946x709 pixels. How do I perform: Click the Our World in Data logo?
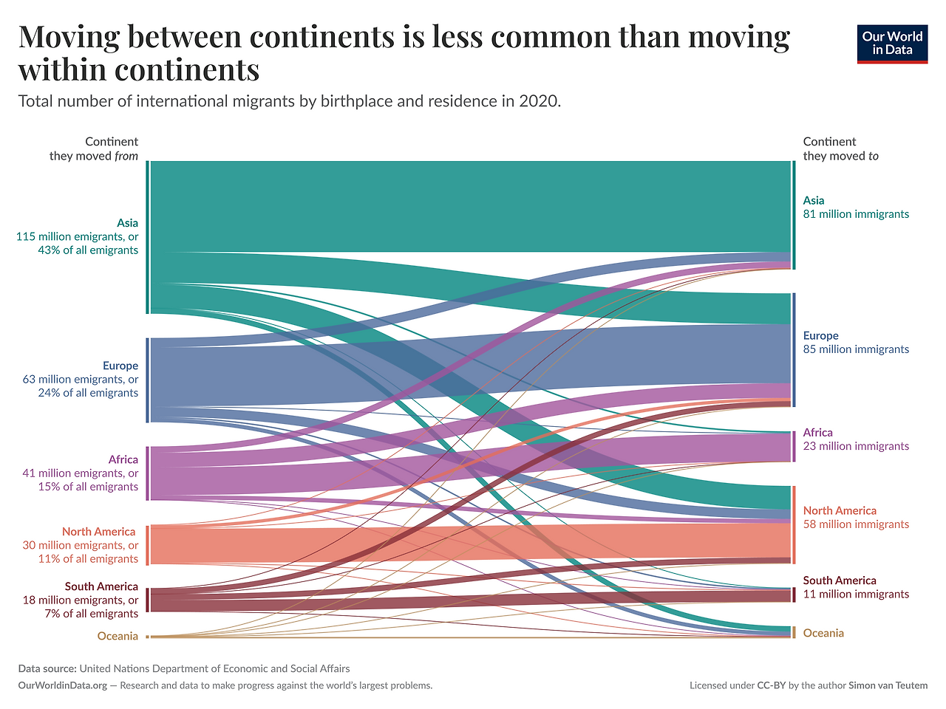click(892, 44)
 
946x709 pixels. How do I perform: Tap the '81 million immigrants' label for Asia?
click(856, 214)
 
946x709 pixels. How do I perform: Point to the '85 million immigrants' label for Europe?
click(856, 349)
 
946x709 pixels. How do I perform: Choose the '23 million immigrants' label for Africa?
click(856, 446)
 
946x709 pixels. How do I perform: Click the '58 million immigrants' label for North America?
click(856, 524)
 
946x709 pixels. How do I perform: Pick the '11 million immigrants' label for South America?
click(856, 595)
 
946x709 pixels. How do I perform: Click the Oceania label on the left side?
click(118, 636)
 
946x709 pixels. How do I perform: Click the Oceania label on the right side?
click(823, 633)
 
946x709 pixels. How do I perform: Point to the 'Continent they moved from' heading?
click(95, 148)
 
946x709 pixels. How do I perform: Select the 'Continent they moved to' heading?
click(840, 148)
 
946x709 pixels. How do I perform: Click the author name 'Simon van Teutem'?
click(888, 685)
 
